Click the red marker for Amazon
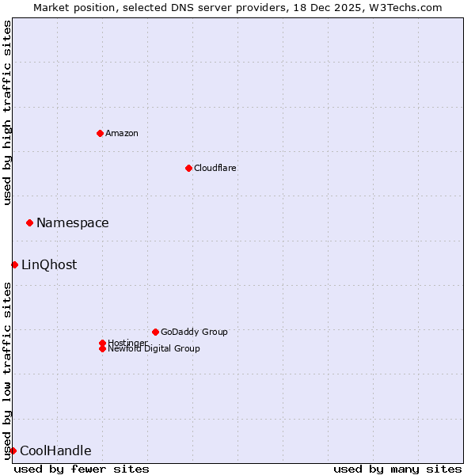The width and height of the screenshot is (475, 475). [100, 133]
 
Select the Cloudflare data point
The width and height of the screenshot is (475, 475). [188, 168]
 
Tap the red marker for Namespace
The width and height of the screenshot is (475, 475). [29, 222]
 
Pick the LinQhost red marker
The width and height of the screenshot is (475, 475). [14, 264]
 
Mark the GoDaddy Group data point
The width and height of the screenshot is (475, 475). [155, 332]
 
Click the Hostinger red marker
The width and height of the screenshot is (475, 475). [102, 343]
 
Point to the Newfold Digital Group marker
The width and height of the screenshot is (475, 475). [102, 348]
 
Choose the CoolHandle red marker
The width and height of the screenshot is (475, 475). [13, 450]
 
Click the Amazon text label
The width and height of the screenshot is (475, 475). [122, 133]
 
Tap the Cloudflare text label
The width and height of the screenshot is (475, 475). [215, 168]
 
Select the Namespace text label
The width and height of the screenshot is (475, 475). [73, 222]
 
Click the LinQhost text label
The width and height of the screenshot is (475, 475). [49, 264]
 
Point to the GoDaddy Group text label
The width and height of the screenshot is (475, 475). [194, 332]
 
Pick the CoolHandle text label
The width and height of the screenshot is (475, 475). [55, 450]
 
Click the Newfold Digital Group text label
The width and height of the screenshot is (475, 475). [154, 349]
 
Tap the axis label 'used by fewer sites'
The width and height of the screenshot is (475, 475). [82, 469]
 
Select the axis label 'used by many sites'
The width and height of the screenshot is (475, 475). [397, 469]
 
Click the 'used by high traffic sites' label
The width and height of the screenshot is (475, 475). [7, 112]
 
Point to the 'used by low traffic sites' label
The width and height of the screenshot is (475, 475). [7, 370]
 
